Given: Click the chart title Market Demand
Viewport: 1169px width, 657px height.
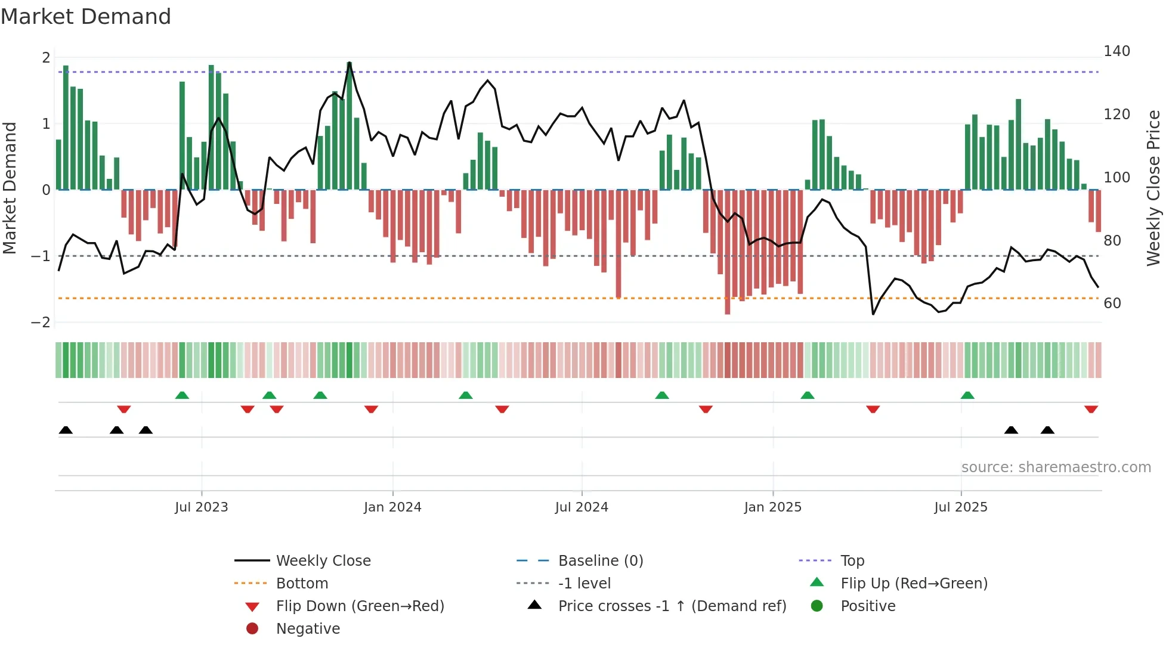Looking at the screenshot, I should click(x=86, y=17).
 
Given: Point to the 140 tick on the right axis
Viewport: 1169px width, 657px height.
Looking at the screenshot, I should click(x=1117, y=51).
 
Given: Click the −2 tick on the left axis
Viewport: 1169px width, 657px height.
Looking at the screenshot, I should click(x=41, y=323).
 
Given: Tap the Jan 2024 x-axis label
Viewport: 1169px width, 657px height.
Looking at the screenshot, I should click(x=392, y=507).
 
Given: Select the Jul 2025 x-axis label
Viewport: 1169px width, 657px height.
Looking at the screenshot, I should click(x=961, y=507).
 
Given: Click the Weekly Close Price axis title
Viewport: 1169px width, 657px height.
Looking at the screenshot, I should click(x=1153, y=188).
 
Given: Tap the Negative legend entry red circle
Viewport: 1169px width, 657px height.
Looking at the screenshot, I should click(x=252, y=629).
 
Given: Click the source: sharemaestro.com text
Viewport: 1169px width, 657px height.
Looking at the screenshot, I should click(x=1056, y=467).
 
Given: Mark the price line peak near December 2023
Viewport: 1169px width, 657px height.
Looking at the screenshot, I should click(x=350, y=63).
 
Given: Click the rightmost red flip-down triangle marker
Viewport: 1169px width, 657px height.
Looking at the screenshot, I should click(x=1091, y=409).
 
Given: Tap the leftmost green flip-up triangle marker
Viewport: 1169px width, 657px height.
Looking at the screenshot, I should click(x=182, y=395).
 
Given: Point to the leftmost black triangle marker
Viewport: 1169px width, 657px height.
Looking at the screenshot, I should click(x=66, y=430).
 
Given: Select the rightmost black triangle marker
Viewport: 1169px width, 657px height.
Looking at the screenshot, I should click(x=1047, y=430).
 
